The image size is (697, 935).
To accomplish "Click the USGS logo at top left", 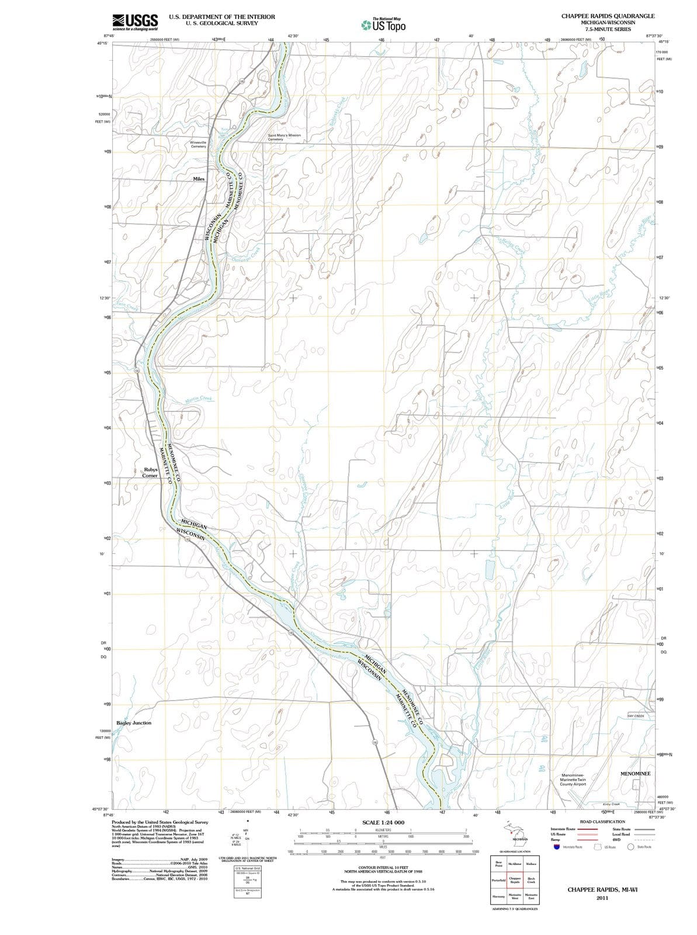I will (x=135, y=22).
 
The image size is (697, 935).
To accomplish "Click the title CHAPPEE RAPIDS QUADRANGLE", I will (x=608, y=16).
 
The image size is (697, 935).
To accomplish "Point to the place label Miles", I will (x=199, y=179).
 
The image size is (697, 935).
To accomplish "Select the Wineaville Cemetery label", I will (x=198, y=144).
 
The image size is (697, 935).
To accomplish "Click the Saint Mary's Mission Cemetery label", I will (x=284, y=137).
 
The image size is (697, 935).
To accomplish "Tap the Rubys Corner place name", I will (x=150, y=472).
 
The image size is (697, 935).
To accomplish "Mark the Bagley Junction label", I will (x=133, y=723).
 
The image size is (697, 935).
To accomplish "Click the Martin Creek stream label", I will (x=198, y=399).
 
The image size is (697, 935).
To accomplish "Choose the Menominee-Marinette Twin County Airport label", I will (x=573, y=780).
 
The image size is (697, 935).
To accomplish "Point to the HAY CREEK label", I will (x=636, y=716).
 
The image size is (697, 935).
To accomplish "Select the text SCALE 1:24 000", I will (x=383, y=823).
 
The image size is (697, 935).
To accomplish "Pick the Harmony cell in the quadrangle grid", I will (x=498, y=896).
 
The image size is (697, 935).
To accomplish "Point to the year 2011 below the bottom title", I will (x=602, y=898).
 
